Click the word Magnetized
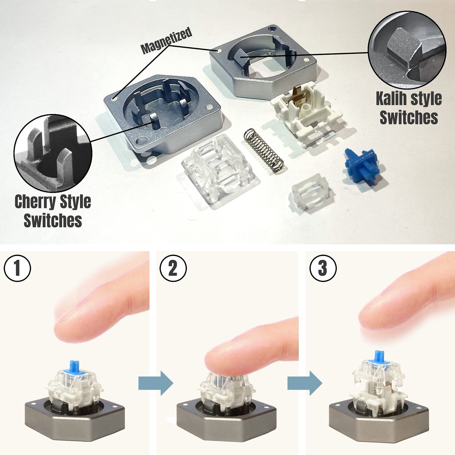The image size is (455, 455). coord(167,40)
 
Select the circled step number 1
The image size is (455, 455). coord(17,268)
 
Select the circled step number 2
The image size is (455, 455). coord(173,268)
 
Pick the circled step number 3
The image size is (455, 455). coord(323,268)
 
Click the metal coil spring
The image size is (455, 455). coord(264,151)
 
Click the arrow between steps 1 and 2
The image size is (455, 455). coord(156,383)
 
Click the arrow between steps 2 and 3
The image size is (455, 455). coord(304,383)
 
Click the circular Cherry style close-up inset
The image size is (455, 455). coord(53,153)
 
